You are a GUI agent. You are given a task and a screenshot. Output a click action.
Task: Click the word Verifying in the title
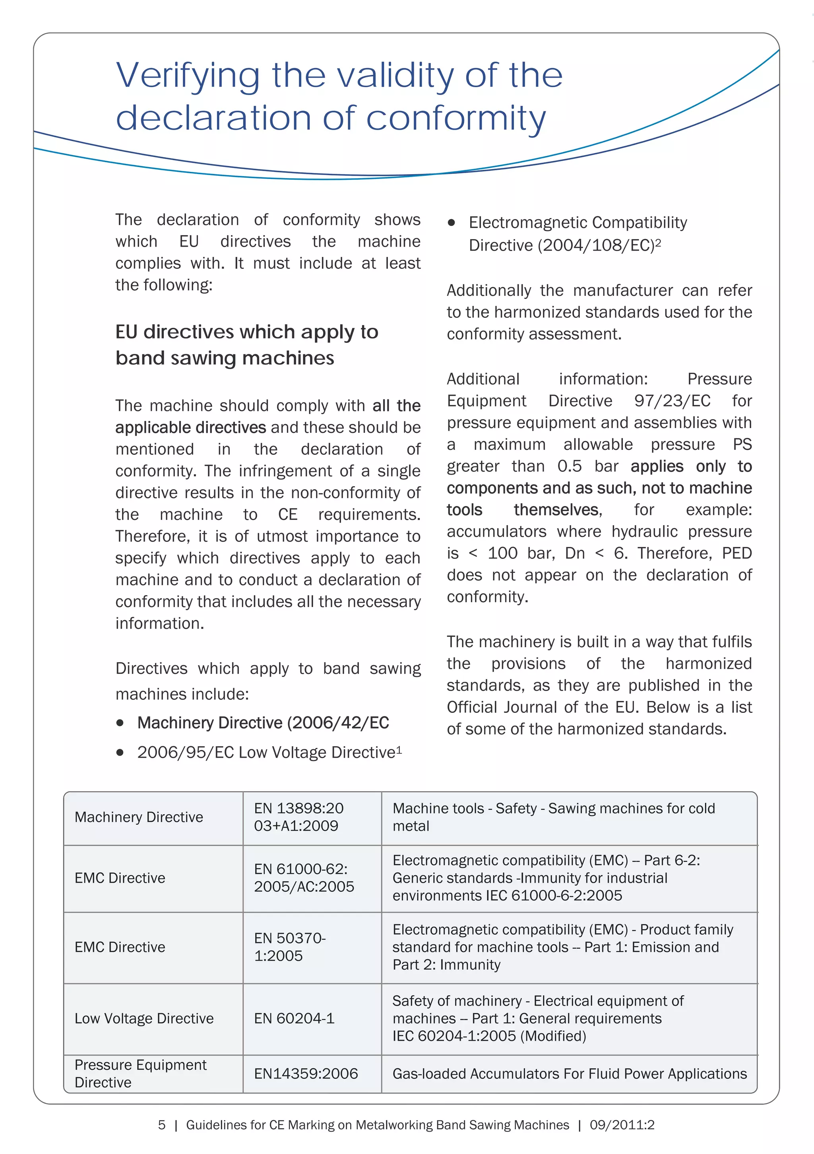tap(187, 76)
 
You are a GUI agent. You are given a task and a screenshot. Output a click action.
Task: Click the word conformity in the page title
tap(455, 118)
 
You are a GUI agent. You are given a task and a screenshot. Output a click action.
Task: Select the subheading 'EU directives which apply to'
tap(246, 332)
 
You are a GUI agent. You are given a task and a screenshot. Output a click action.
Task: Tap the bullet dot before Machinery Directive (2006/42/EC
tap(120, 723)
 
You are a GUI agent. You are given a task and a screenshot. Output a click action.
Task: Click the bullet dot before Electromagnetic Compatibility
tap(451, 223)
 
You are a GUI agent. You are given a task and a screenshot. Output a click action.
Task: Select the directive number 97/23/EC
tap(672, 401)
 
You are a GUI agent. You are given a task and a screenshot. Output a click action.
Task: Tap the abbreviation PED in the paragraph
tap(736, 553)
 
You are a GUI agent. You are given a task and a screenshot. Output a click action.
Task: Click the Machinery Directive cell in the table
tap(139, 817)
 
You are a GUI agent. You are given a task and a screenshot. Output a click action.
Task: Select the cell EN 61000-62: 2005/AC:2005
tap(303, 878)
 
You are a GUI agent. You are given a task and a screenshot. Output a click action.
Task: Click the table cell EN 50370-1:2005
tap(290, 947)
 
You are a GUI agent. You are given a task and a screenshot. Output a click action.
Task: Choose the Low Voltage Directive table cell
tap(144, 1018)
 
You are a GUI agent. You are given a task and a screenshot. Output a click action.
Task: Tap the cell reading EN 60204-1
tap(294, 1018)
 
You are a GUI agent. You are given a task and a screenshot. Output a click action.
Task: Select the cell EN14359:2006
tap(306, 1074)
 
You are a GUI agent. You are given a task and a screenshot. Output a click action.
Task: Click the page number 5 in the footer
tap(162, 1125)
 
